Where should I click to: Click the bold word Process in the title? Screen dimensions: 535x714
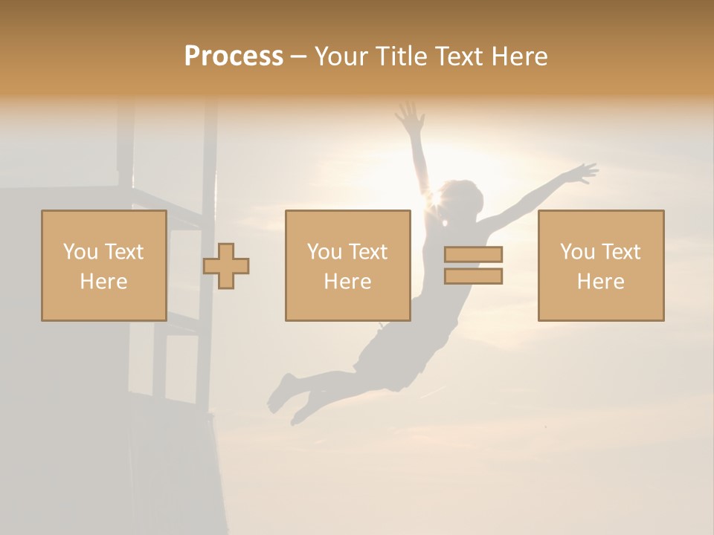(x=234, y=56)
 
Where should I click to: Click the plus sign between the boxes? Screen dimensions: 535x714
(x=226, y=266)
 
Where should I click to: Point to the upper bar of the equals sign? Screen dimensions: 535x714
(x=473, y=254)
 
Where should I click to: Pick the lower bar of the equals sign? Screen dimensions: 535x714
(x=473, y=276)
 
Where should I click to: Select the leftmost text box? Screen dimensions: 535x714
(x=103, y=265)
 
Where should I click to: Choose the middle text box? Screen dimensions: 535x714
(x=347, y=265)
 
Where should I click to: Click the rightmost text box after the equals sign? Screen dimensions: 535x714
(x=601, y=265)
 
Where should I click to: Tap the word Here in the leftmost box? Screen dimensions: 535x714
(x=103, y=282)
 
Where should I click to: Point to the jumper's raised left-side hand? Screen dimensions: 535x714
(x=408, y=114)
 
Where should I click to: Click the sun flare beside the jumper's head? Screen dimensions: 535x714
(x=431, y=199)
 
